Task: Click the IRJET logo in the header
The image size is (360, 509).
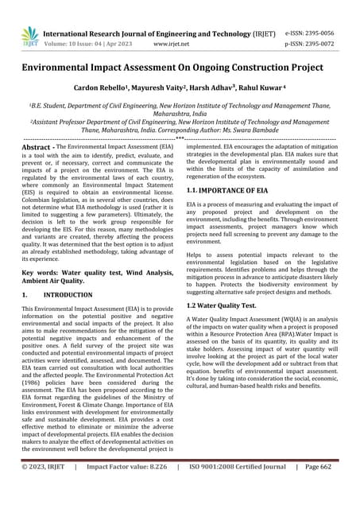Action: coord(29,37)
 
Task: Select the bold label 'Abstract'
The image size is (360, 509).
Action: coord(37,148)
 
